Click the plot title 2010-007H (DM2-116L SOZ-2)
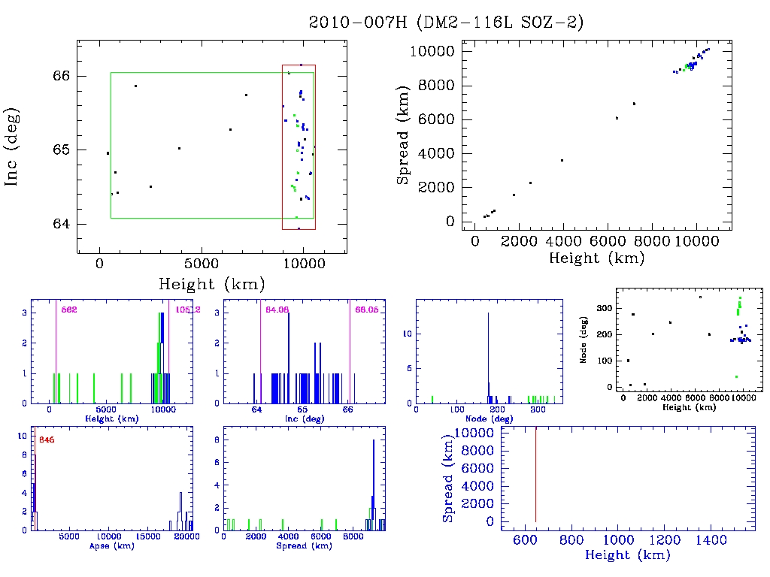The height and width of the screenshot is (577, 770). (x=447, y=23)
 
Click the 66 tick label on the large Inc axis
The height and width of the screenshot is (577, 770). (x=62, y=76)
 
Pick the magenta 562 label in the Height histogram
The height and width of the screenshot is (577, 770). (x=69, y=310)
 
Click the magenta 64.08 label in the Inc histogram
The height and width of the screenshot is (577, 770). (x=277, y=310)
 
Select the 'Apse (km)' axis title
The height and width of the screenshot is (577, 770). (x=111, y=545)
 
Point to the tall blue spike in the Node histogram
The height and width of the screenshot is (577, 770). (x=489, y=353)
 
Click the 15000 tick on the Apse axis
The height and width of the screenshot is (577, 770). (x=150, y=537)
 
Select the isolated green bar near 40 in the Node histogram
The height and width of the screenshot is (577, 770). (x=432, y=399)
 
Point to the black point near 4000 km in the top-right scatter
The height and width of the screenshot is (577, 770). (x=562, y=160)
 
